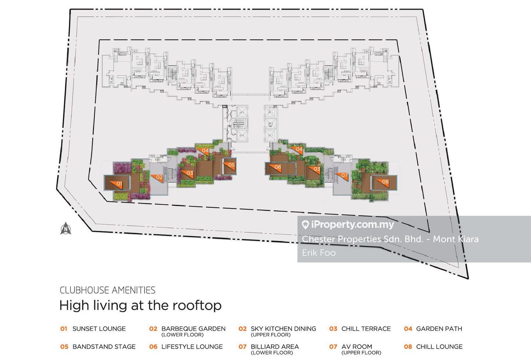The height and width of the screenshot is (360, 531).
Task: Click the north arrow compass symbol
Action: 66,228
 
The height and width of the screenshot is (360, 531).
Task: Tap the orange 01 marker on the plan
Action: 118,183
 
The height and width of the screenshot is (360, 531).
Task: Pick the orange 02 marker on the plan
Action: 157,177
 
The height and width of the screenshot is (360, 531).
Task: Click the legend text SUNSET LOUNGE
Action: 99,329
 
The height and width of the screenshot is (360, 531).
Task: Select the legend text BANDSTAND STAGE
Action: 104,347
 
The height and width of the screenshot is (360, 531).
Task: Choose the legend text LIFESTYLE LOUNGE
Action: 192,347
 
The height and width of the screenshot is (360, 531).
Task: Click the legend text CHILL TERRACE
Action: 366,329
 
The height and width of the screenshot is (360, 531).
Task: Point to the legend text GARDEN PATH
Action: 439,329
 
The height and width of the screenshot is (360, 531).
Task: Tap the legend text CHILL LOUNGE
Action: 439,347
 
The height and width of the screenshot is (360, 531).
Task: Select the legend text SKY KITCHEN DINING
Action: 283,329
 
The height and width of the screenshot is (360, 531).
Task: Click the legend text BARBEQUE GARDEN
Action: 193,329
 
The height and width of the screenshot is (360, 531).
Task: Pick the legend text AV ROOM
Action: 357,347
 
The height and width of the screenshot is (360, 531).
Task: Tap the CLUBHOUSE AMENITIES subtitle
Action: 107,290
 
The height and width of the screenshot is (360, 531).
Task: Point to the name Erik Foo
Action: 319,253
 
